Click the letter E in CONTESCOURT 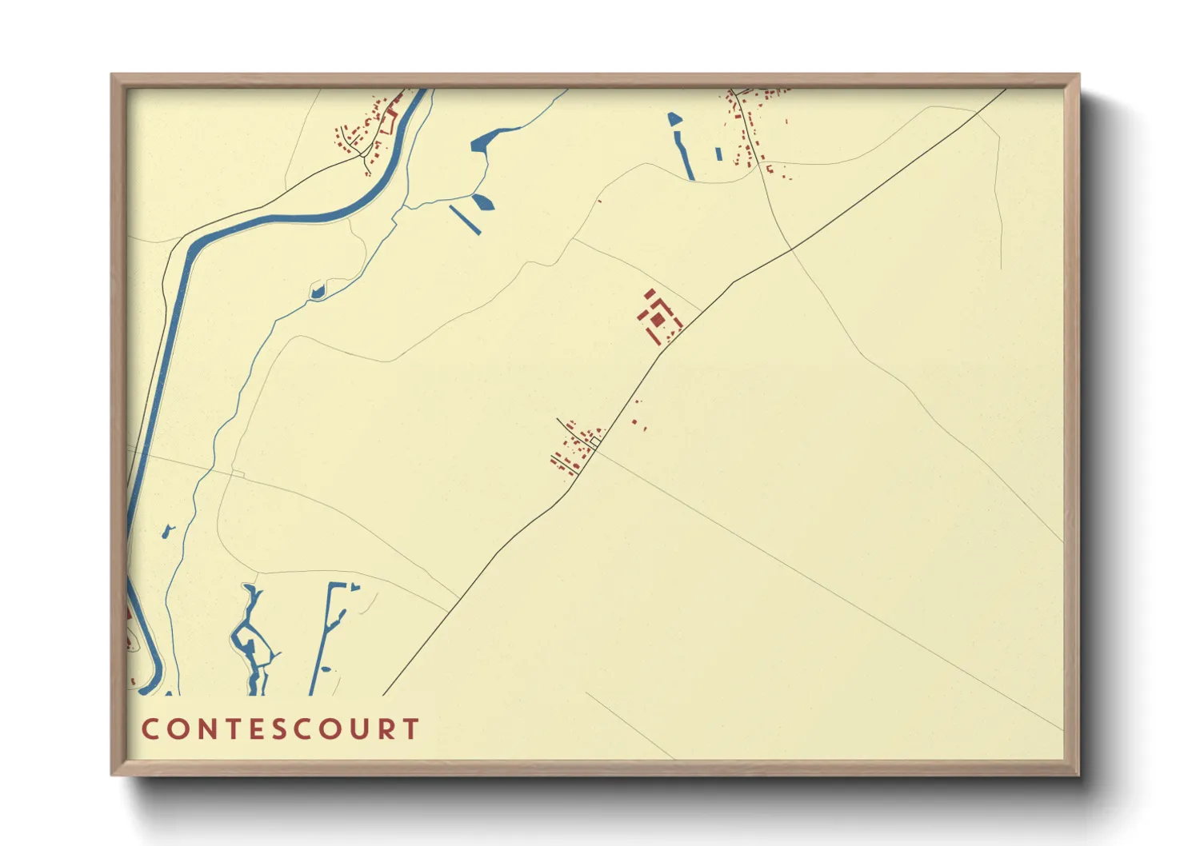click(x=257, y=729)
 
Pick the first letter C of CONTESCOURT click(x=150, y=729)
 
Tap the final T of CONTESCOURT click(x=411, y=729)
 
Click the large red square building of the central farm click(x=658, y=320)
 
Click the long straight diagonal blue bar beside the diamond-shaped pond click(x=465, y=220)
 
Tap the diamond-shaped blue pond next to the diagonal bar click(x=483, y=202)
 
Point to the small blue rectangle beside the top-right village click(x=718, y=154)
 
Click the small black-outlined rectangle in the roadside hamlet click(x=596, y=441)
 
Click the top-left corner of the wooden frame click(x=112, y=75)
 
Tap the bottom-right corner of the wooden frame click(x=1078, y=774)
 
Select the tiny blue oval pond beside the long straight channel click(x=354, y=588)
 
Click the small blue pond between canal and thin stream click(x=168, y=530)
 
